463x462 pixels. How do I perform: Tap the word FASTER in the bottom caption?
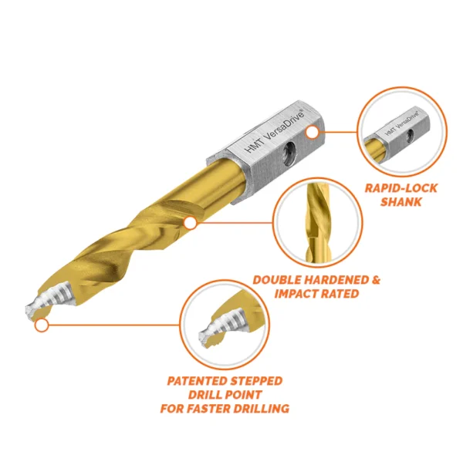point(208,408)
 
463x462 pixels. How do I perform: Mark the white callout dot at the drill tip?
point(42,325)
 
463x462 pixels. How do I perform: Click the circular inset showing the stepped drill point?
point(224,325)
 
